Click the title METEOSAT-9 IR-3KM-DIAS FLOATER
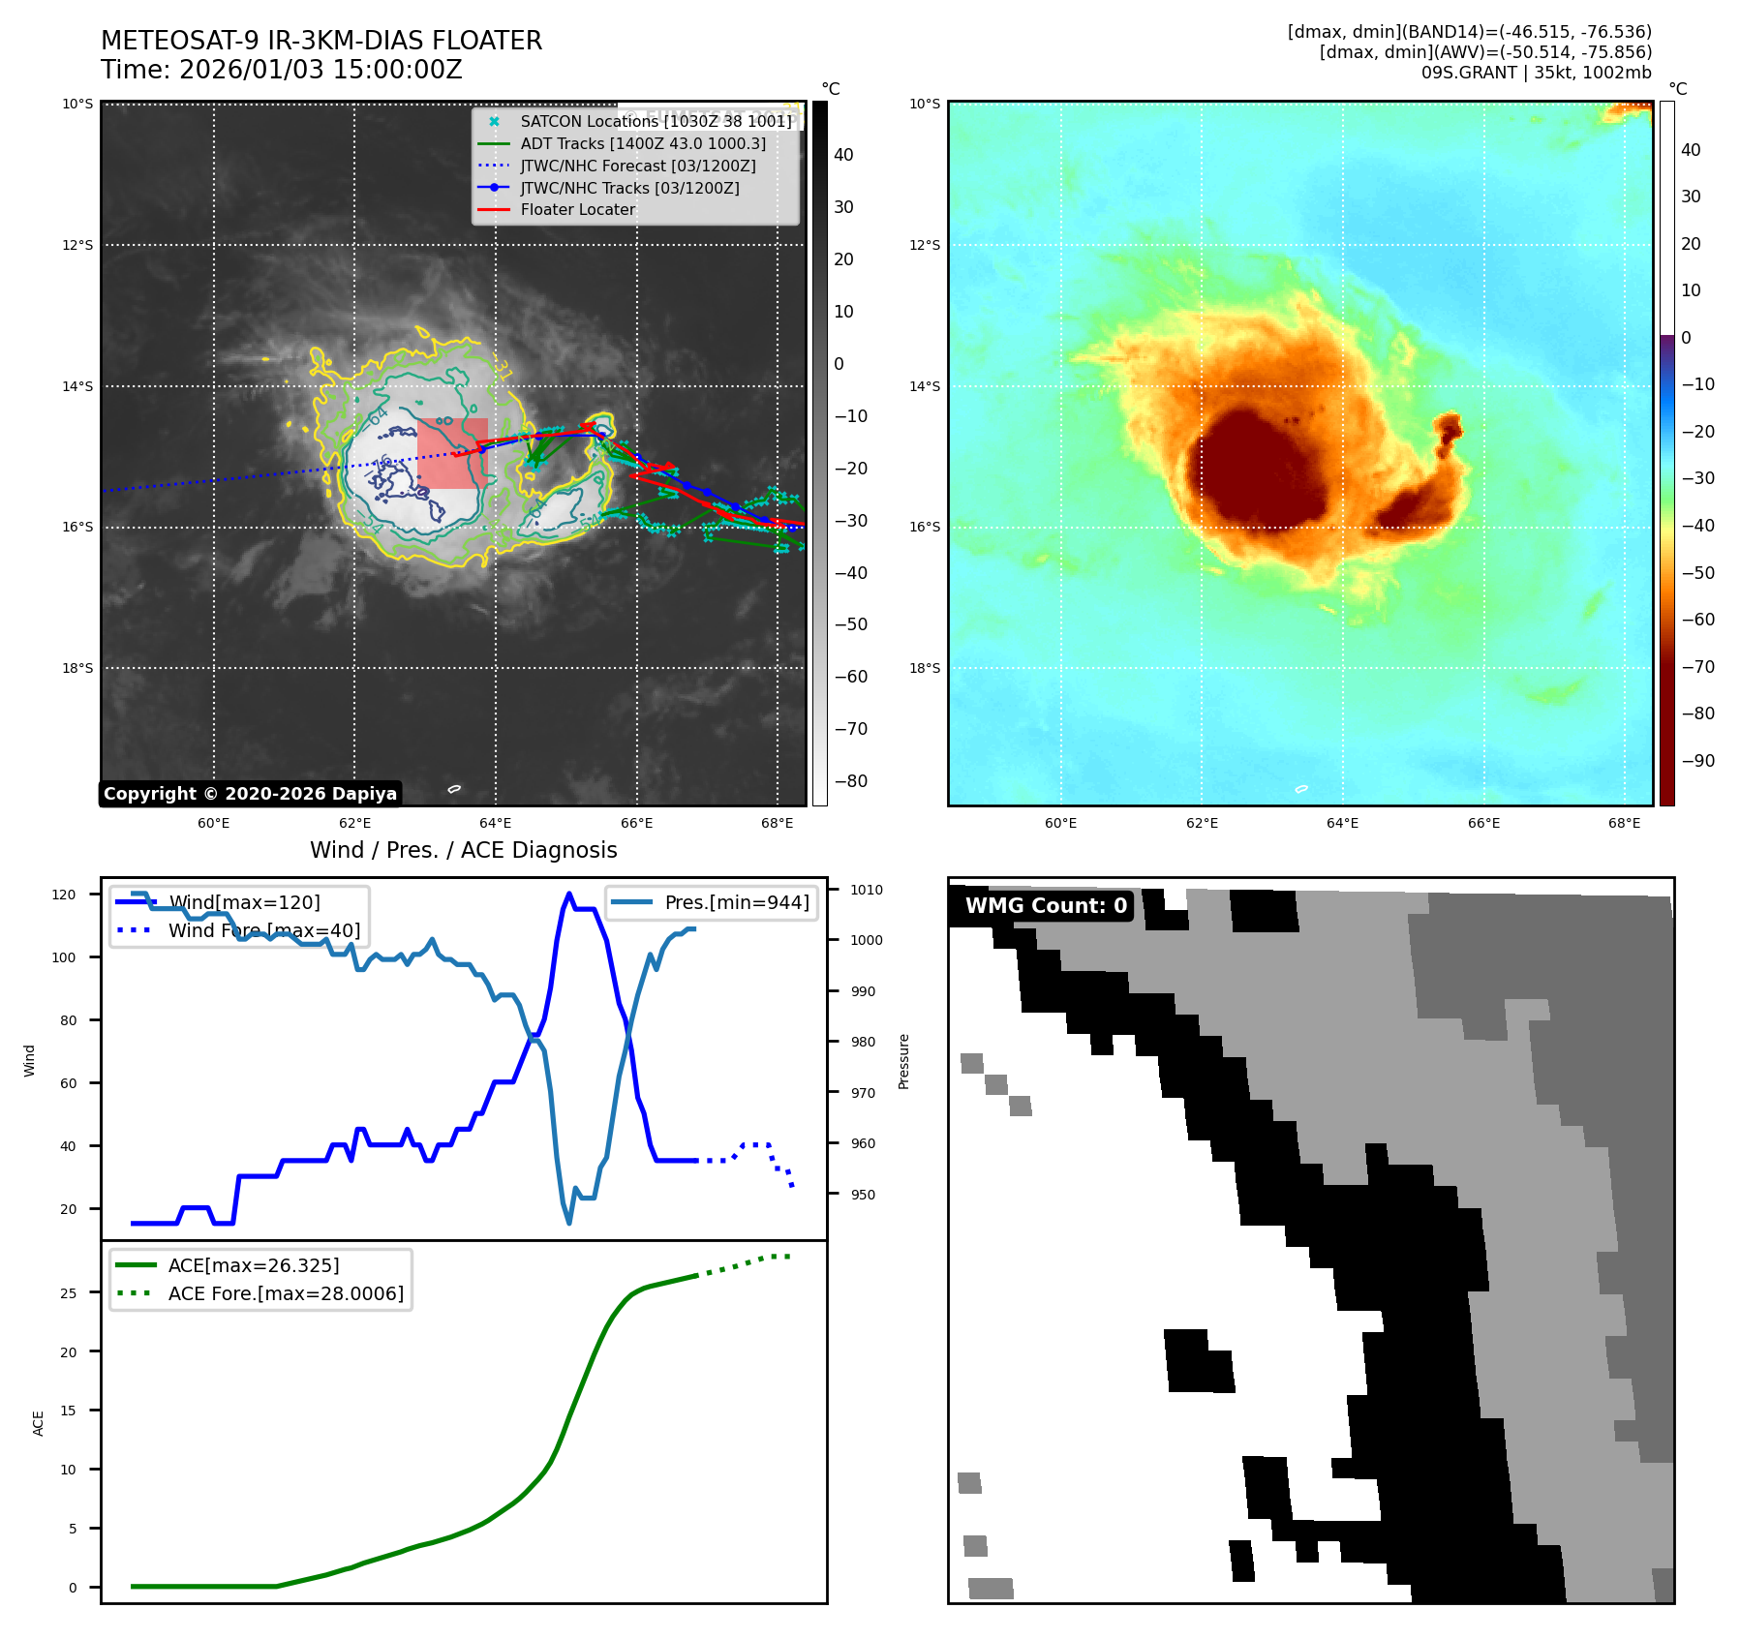click(x=321, y=41)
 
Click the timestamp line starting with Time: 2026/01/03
click(x=282, y=70)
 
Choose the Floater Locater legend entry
click(x=577, y=209)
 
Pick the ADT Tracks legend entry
click(x=642, y=143)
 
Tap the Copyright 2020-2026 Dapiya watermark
click(x=250, y=794)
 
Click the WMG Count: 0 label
click(x=1046, y=905)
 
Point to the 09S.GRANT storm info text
click(x=1536, y=73)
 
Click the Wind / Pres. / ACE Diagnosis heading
click(x=463, y=850)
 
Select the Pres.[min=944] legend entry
click(x=736, y=902)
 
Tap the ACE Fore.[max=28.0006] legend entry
click(x=286, y=1293)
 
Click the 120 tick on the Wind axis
click(x=64, y=895)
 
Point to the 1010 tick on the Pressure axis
click(x=867, y=890)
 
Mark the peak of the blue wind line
click(x=569, y=895)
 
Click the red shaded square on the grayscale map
click(x=452, y=453)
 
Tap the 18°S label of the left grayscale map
click(x=78, y=668)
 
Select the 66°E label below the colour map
click(x=1482, y=823)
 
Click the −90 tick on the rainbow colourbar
click(x=1697, y=760)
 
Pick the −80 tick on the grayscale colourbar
click(x=851, y=780)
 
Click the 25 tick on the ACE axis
click(x=68, y=1292)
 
